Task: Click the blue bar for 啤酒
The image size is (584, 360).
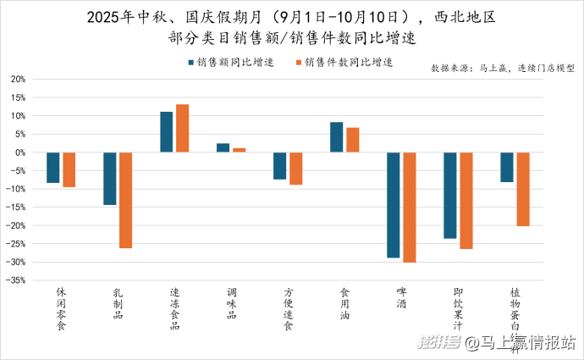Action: pos(393,205)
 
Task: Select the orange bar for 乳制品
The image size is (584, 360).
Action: pos(126,200)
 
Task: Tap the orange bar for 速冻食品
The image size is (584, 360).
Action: pos(183,128)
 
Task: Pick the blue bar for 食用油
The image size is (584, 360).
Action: pos(337,137)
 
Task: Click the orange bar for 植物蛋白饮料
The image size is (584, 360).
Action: pos(523,189)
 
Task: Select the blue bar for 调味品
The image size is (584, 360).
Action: pos(223,148)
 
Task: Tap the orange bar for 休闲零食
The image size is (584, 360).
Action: pos(69,169)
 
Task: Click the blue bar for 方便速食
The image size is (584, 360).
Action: pos(279,166)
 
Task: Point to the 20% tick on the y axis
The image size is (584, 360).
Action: pos(18,79)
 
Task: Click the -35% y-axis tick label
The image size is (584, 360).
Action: pos(16,280)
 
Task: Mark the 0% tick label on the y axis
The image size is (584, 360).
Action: pos(19,152)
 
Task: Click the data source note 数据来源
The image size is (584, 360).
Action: pos(503,68)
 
